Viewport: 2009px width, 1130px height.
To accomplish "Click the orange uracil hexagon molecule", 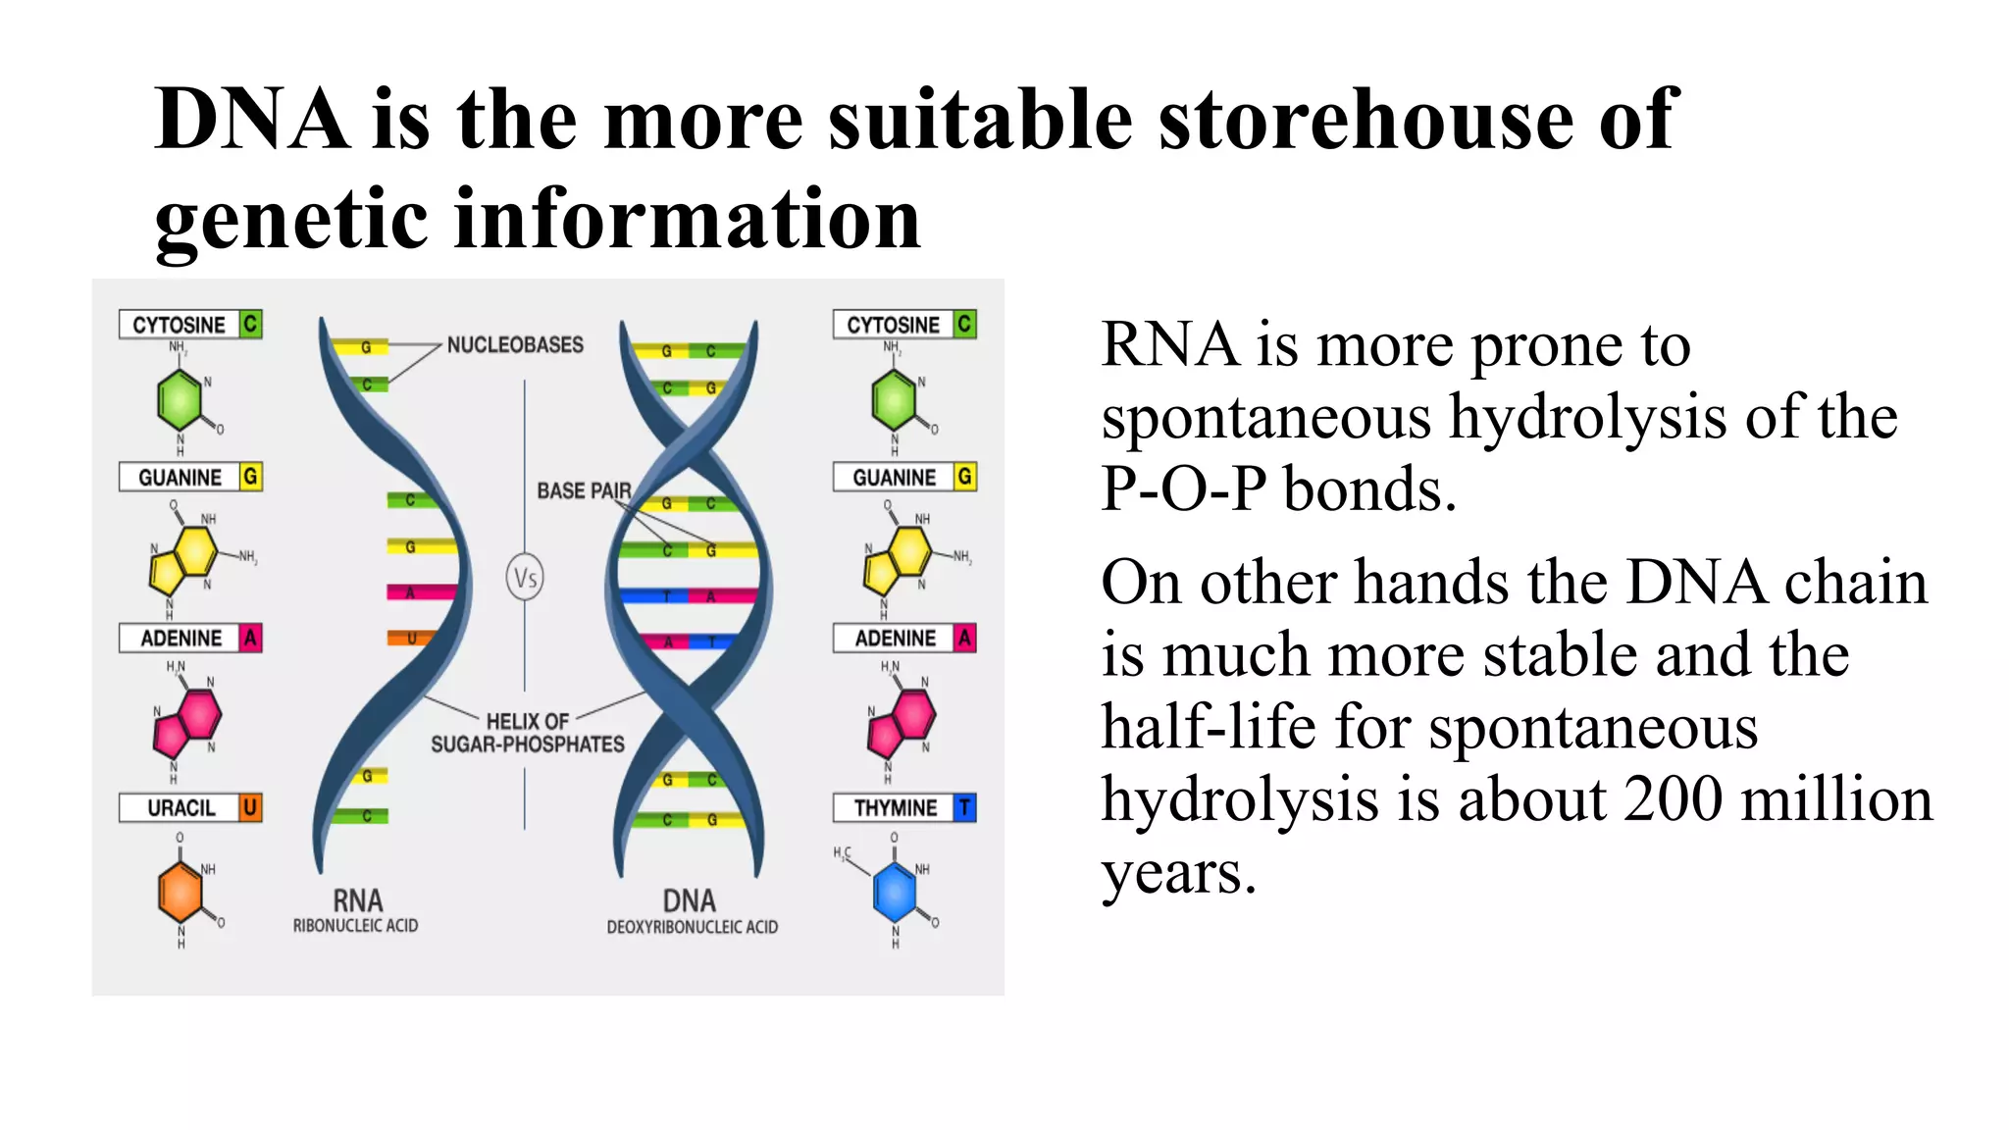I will (180, 892).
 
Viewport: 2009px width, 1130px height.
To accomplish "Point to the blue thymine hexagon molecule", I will (895, 892).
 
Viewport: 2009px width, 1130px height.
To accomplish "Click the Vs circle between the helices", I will (525, 578).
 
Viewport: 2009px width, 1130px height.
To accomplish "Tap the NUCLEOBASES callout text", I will (515, 345).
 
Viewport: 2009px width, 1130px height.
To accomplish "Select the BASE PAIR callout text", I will (584, 490).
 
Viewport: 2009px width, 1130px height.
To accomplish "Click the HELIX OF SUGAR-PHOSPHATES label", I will (528, 733).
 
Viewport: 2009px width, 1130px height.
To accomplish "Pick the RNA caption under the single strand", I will (357, 901).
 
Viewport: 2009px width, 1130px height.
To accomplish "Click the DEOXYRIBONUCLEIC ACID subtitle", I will (692, 927).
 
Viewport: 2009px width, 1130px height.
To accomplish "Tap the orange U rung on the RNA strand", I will (411, 639).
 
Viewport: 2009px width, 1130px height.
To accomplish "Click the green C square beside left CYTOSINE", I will (251, 324).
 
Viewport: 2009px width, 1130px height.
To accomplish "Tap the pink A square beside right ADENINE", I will (965, 638).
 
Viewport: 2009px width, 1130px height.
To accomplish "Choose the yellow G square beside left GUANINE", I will (251, 477).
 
